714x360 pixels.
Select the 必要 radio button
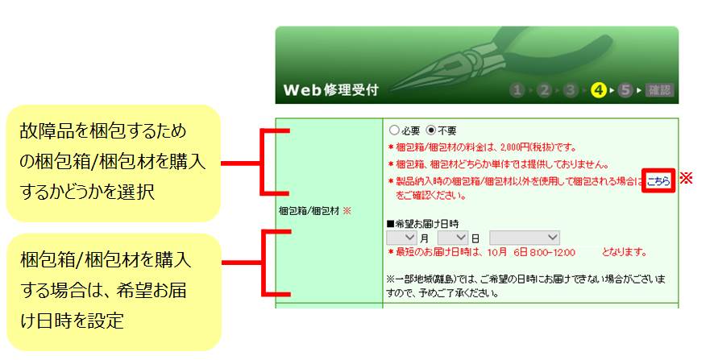click(394, 130)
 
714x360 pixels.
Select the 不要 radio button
click(431, 130)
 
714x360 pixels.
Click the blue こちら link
click(658, 181)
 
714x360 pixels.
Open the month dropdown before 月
click(401, 238)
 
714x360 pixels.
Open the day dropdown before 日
click(453, 238)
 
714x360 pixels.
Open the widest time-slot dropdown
click(525, 238)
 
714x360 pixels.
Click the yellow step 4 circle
click(598, 90)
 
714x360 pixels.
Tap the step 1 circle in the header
click(517, 90)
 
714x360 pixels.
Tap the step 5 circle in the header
click(625, 90)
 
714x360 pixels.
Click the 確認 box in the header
click(659, 90)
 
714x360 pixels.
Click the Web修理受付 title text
click(330, 89)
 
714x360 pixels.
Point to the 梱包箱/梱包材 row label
click(309, 211)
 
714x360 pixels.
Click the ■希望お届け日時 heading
click(422, 223)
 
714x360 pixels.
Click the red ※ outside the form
click(687, 178)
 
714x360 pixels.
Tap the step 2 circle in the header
click(544, 90)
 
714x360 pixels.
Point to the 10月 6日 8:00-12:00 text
click(531, 252)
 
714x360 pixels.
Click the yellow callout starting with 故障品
click(114, 163)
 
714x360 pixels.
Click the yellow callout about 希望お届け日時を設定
click(114, 292)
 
